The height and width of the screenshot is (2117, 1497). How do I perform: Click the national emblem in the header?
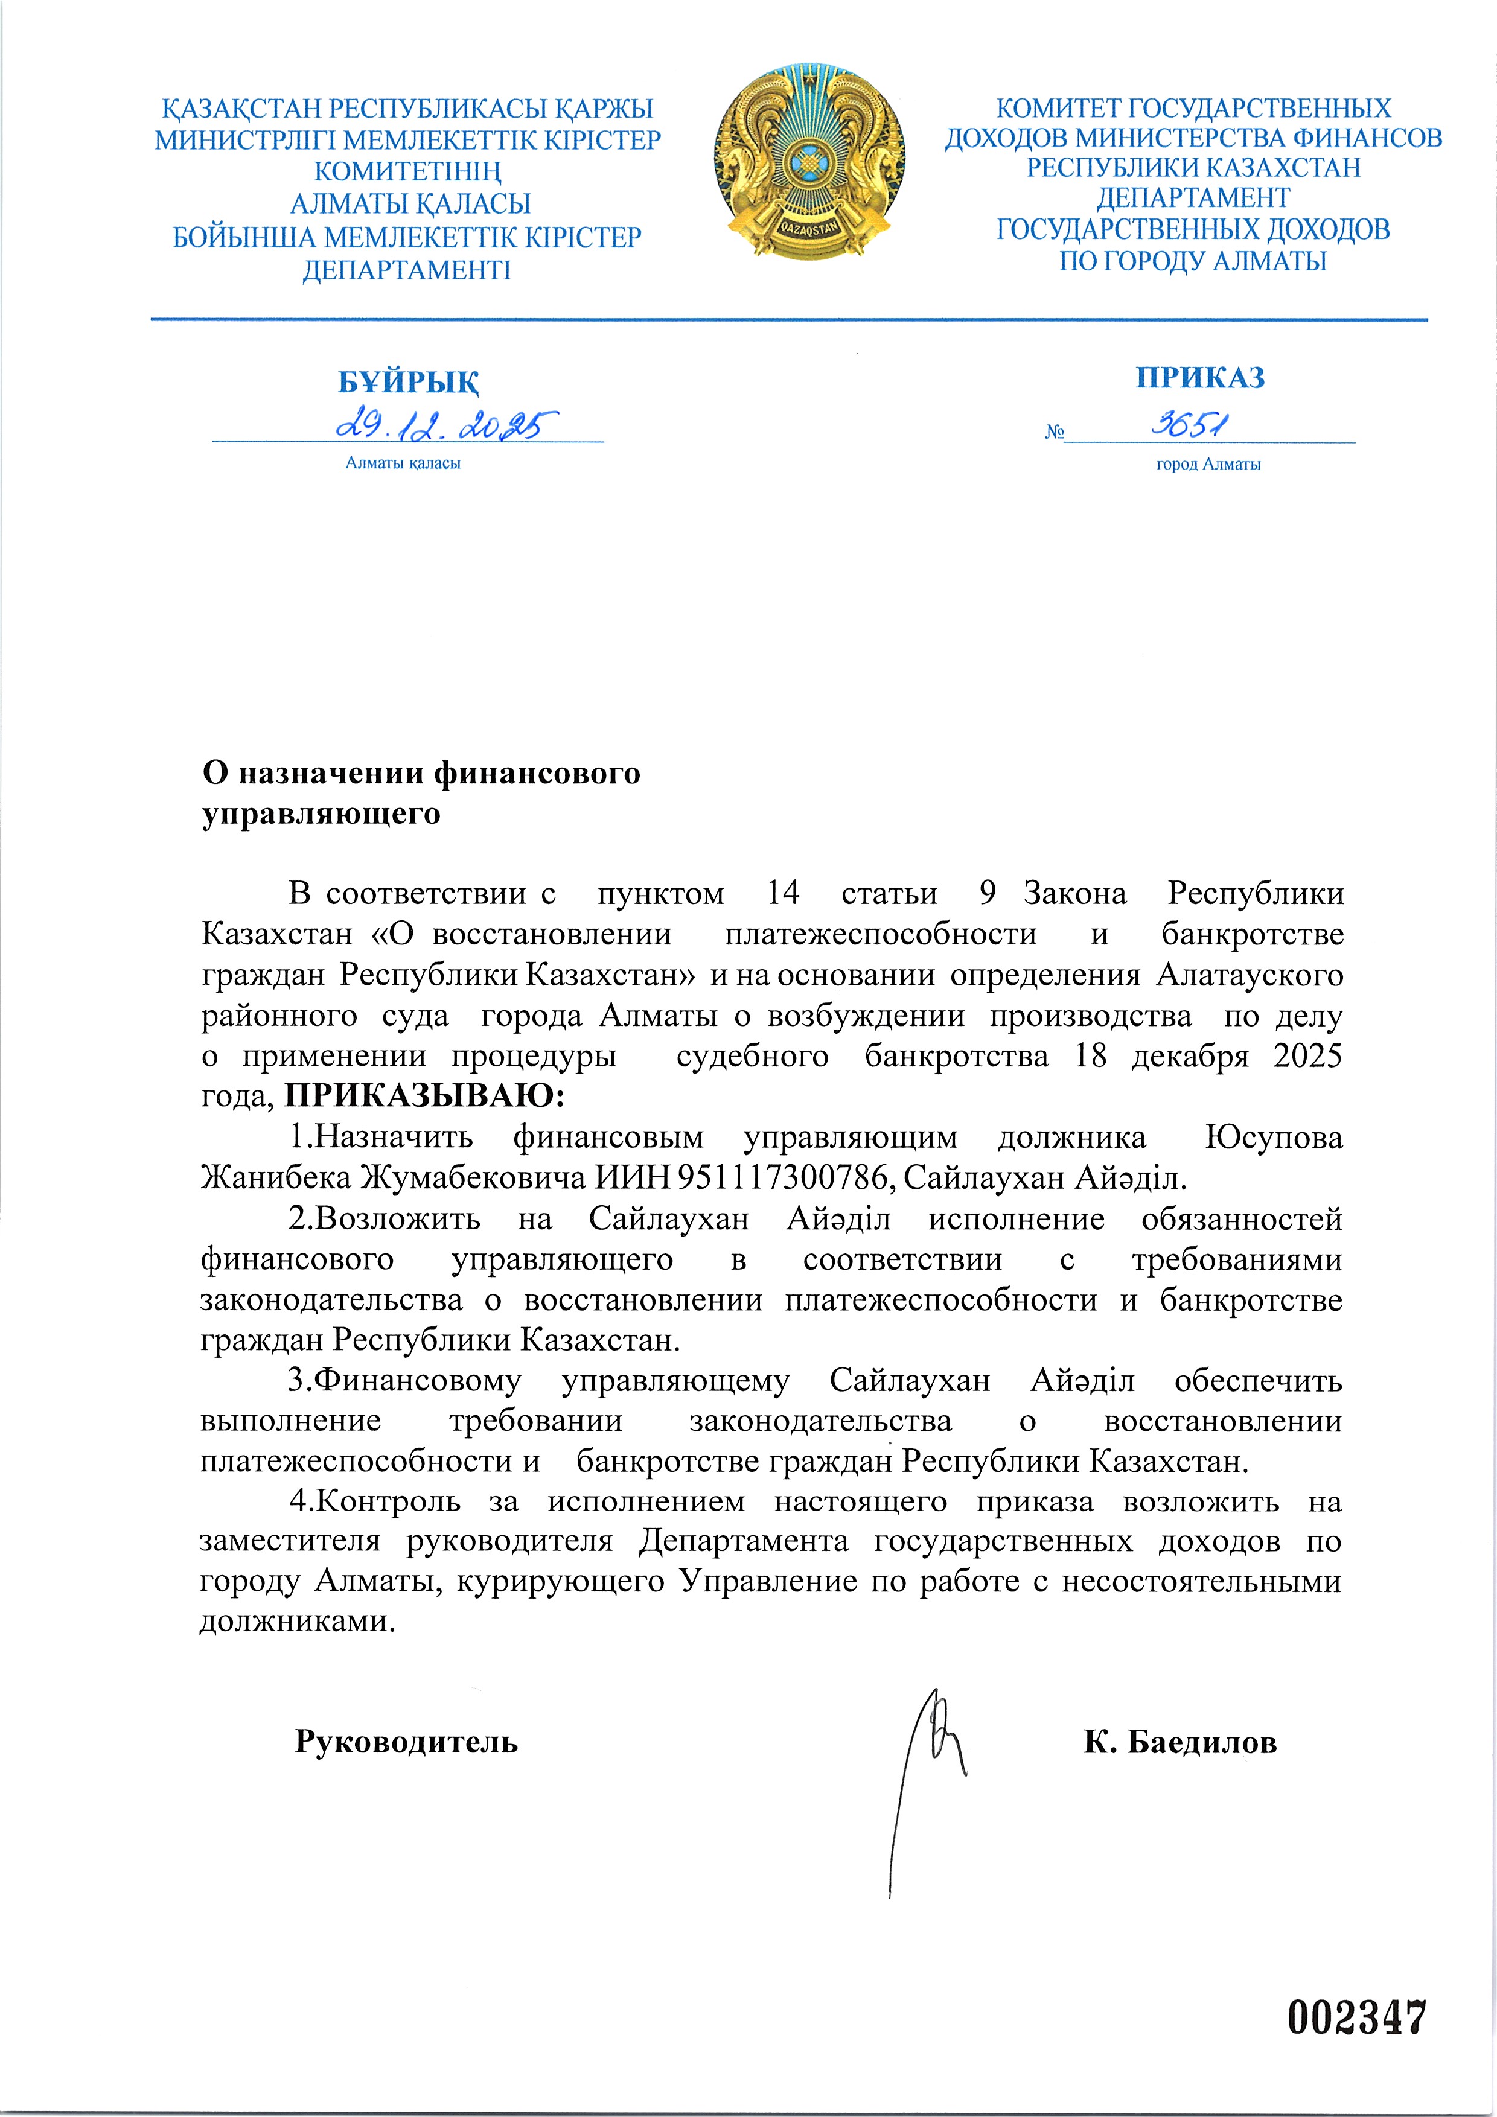(x=808, y=163)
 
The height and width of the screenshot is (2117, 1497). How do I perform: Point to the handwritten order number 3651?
(x=1190, y=424)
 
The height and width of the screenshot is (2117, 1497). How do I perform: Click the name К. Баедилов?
(x=1179, y=1742)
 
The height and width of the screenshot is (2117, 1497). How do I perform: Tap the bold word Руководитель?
(x=406, y=1742)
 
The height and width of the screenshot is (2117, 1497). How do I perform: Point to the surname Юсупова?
(x=1274, y=1137)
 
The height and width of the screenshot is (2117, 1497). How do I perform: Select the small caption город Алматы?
(x=1208, y=465)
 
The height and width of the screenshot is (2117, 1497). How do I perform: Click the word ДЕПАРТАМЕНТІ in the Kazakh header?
(x=407, y=270)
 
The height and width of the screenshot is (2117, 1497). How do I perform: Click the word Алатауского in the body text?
(x=1249, y=975)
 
